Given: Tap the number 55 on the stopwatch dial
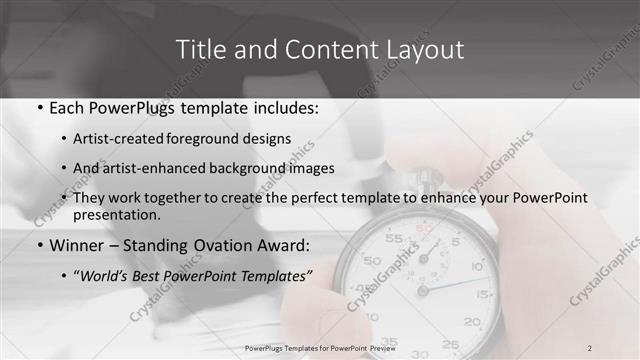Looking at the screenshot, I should (394, 239).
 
